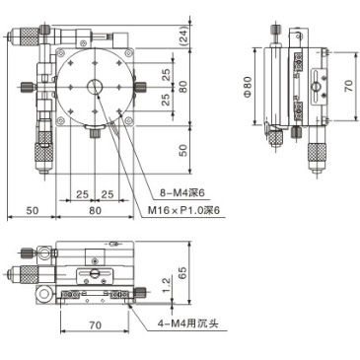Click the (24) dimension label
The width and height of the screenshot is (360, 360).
(184, 37)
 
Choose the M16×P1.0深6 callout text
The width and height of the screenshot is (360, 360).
(184, 210)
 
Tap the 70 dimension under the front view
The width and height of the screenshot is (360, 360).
(94, 324)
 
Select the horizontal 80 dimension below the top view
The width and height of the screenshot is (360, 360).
(95, 209)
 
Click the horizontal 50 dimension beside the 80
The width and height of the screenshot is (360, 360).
(32, 209)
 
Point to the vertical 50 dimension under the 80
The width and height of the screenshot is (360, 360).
(183, 150)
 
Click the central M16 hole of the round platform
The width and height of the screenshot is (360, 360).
(95, 87)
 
